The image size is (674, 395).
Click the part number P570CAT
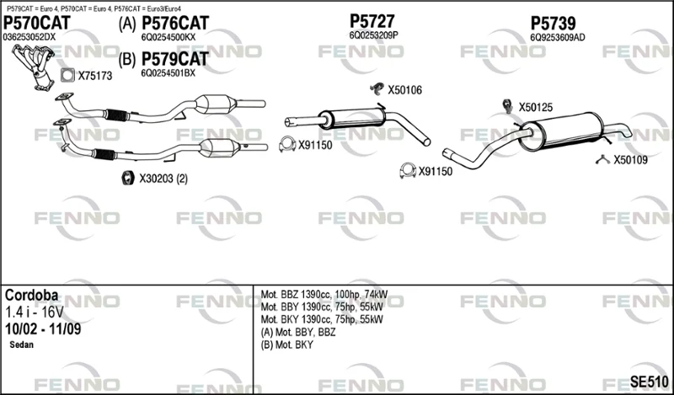click(x=36, y=23)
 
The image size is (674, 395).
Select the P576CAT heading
click(x=175, y=24)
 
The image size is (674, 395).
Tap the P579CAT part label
click(x=175, y=59)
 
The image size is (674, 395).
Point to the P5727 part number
click(x=372, y=20)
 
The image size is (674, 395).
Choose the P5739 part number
click(x=553, y=24)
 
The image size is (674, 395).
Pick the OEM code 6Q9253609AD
click(x=557, y=37)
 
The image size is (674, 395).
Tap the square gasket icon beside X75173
click(x=67, y=76)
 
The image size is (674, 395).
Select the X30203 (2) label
click(x=163, y=179)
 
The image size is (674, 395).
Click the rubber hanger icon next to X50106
click(x=377, y=88)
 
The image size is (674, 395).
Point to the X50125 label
click(x=536, y=108)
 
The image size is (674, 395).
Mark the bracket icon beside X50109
click(x=603, y=160)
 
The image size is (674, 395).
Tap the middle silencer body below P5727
click(x=352, y=118)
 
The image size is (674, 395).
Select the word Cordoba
click(x=31, y=296)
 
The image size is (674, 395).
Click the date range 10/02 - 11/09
click(x=43, y=328)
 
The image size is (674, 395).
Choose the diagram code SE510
click(x=649, y=381)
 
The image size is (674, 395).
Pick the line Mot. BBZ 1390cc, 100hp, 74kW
click(x=324, y=295)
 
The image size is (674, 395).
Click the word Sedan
click(x=22, y=344)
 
